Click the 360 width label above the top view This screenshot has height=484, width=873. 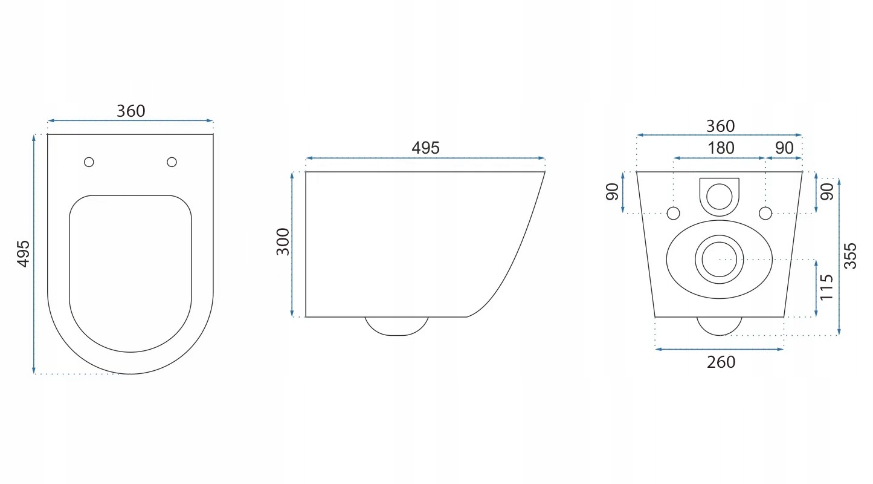(131, 111)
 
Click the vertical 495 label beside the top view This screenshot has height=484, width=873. (24, 253)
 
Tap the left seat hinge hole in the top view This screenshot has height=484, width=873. (89, 162)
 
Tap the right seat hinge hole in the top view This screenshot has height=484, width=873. (172, 162)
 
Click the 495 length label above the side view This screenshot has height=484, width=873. (425, 148)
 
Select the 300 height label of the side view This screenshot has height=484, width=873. (283, 242)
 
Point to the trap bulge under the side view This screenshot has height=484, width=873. (397, 326)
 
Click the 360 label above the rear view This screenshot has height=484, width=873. (721, 126)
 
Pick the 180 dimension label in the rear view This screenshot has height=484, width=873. (721, 148)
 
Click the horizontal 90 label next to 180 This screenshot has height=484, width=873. (784, 148)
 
